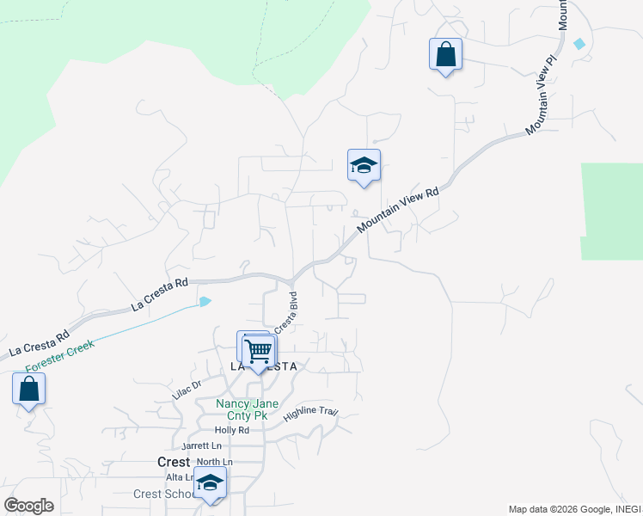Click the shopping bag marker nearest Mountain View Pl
pos(445,55)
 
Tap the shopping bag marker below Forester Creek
pos(28,389)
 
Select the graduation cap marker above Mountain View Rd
pos(364,165)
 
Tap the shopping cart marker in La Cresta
pos(258,351)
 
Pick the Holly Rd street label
pos(231,430)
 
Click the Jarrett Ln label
pos(201,445)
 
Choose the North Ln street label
pos(214,462)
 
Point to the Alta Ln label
pos(180,476)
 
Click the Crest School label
pos(163,494)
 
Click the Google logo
pos(28,506)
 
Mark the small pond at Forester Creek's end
pos(205,301)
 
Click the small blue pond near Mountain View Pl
pos(579,43)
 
